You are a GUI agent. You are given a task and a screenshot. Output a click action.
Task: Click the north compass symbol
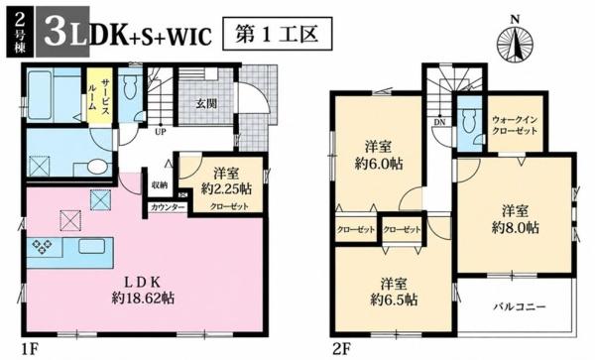click(x=515, y=41)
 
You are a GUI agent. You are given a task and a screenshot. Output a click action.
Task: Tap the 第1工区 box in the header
click(x=277, y=34)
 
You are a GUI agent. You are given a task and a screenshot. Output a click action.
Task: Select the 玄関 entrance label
click(x=206, y=103)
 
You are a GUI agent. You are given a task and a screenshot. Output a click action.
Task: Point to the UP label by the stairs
click(x=161, y=132)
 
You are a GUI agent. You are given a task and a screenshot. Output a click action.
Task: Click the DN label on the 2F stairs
click(x=439, y=122)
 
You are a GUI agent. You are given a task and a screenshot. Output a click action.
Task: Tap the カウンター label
click(x=168, y=207)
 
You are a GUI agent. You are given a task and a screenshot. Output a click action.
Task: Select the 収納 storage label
click(x=160, y=185)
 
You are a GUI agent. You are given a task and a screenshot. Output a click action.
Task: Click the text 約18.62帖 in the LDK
click(x=143, y=299)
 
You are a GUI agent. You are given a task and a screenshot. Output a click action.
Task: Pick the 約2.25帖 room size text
click(x=226, y=188)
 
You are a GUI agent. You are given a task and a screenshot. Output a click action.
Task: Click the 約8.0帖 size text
click(x=516, y=227)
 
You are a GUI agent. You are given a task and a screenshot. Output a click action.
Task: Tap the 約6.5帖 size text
click(x=394, y=300)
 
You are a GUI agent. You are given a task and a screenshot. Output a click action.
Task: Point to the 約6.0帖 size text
click(x=379, y=164)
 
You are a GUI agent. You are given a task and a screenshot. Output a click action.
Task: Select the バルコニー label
click(x=520, y=306)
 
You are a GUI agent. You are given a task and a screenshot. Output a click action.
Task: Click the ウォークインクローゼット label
click(x=515, y=125)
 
